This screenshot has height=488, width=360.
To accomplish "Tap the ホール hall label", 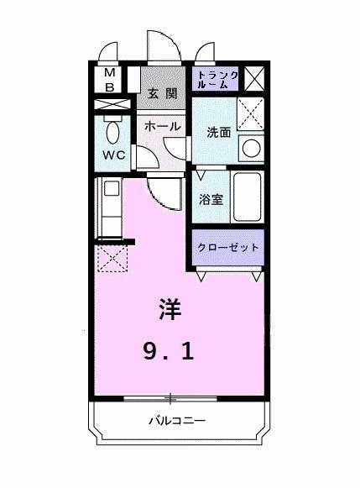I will (x=161, y=126).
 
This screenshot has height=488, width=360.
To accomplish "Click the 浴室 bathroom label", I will (x=211, y=200).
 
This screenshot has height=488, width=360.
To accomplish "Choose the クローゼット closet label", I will (x=228, y=248).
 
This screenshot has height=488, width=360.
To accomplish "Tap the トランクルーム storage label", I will (x=217, y=80).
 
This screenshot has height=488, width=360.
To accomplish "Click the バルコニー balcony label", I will (x=178, y=420).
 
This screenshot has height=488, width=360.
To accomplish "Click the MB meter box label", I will (x=110, y=80).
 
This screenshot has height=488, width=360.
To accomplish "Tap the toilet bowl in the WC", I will (x=112, y=132).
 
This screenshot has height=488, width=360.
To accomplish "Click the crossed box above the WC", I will (x=112, y=106).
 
